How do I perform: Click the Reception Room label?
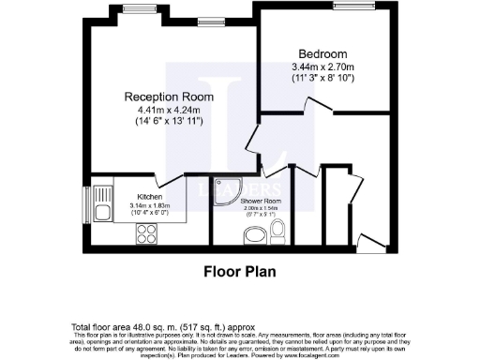164,96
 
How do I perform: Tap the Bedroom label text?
318,54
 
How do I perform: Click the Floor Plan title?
239,275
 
